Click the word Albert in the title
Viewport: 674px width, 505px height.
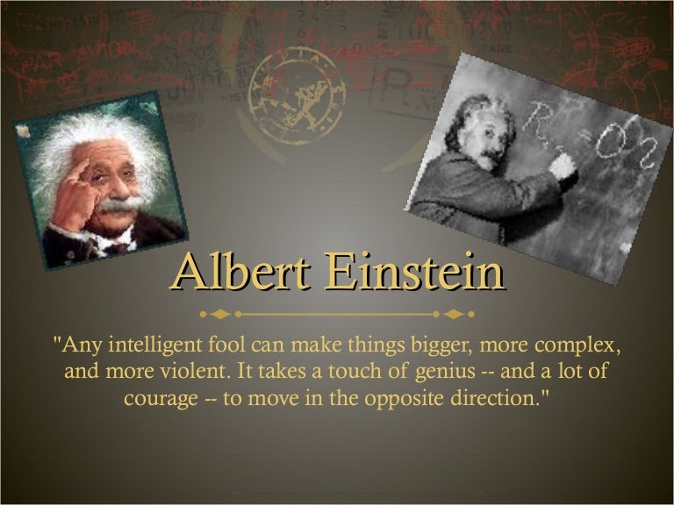coord(240,272)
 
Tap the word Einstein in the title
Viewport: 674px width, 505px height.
coord(413,272)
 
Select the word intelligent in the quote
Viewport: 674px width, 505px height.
coord(154,345)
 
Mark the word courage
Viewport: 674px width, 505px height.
coord(161,400)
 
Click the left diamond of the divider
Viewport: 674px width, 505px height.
coord(220,315)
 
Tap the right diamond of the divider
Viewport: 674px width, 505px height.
coord(454,315)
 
